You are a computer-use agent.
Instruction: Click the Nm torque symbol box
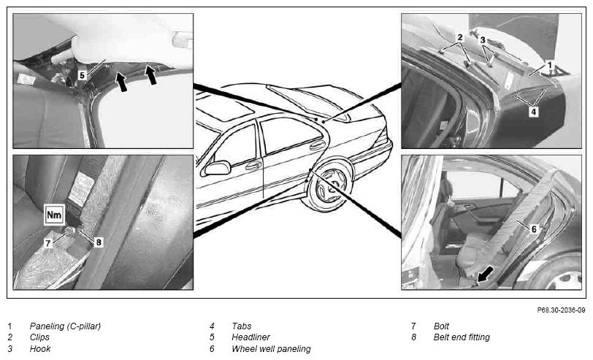(54, 215)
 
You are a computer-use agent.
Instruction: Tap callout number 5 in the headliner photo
(82, 75)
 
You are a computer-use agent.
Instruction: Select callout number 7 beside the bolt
(48, 243)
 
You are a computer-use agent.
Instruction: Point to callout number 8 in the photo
(99, 242)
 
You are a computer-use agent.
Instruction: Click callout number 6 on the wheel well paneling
(534, 229)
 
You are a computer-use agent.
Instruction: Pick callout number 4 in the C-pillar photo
(533, 112)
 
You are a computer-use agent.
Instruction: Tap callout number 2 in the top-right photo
(459, 37)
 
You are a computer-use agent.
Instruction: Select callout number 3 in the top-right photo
(483, 39)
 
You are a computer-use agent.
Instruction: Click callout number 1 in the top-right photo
(550, 65)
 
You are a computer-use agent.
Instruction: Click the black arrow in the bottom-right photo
(486, 274)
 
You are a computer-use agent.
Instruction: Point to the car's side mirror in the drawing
(218, 167)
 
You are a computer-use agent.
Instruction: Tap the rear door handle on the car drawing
(317, 145)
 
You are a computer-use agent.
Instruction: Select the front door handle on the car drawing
(253, 165)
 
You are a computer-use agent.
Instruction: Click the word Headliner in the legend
(250, 337)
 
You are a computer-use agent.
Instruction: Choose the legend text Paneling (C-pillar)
(65, 326)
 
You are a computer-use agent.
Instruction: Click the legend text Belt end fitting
(462, 337)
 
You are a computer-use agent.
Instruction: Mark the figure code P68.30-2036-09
(561, 310)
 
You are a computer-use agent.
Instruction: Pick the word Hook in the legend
(40, 348)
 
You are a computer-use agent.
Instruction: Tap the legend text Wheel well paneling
(271, 348)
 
